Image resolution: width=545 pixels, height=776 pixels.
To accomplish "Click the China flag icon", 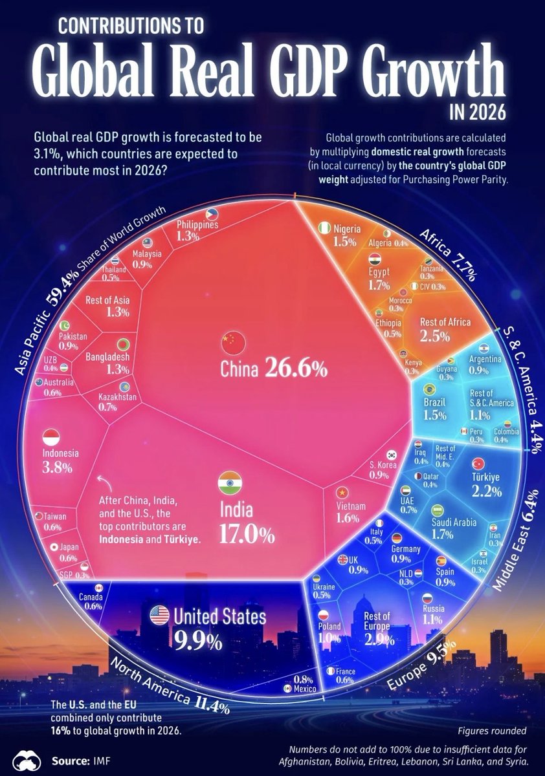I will [230, 340].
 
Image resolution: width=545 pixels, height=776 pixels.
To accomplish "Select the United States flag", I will [159, 615].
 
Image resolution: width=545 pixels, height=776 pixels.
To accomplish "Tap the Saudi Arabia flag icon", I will [438, 510].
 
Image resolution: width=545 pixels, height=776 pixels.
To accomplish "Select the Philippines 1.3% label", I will [197, 230].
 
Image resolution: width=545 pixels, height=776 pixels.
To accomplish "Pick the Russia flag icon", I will [427, 598].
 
